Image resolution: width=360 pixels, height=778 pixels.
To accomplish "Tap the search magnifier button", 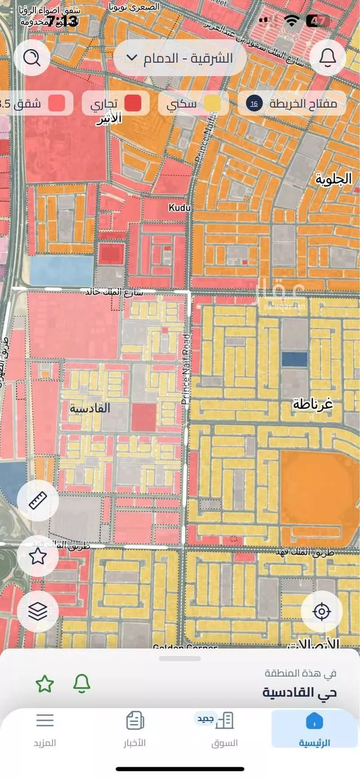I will pos(32,58).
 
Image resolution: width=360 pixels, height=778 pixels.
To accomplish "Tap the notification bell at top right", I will pos(328,58).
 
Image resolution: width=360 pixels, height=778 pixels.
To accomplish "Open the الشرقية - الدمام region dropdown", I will pos(180,58).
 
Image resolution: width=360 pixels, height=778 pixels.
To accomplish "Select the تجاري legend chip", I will pos(116,103).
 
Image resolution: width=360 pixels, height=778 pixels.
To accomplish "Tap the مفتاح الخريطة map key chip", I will pos(292,103).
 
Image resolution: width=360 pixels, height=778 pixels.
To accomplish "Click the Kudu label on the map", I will pos(180,207).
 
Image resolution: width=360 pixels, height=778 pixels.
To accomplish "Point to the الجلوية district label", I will pos(333,179).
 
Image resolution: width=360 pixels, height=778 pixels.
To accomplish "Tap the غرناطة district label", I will pos(313,404).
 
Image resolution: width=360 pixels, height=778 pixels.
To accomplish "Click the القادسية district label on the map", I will pos(90,408).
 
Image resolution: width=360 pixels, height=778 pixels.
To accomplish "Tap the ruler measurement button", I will pos(38,500).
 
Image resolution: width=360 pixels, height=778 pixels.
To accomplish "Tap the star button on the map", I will pos(38,556).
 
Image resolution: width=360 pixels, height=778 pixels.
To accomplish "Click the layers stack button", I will pos(38,611).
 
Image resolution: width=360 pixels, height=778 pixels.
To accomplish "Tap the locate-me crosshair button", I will pos(322,612).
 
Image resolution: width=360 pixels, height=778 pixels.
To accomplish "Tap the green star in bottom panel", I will pos(45,684).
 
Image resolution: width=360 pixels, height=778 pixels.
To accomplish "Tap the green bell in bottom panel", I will pos(81,684).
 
